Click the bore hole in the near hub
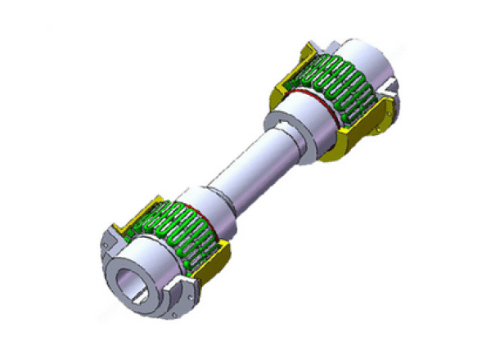[x=132, y=282]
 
